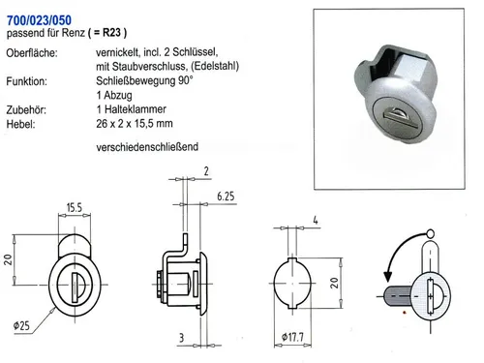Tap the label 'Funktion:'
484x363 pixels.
[x=28, y=83]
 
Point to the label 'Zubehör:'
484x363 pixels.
[x=28, y=111]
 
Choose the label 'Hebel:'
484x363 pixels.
[x=21, y=125]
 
